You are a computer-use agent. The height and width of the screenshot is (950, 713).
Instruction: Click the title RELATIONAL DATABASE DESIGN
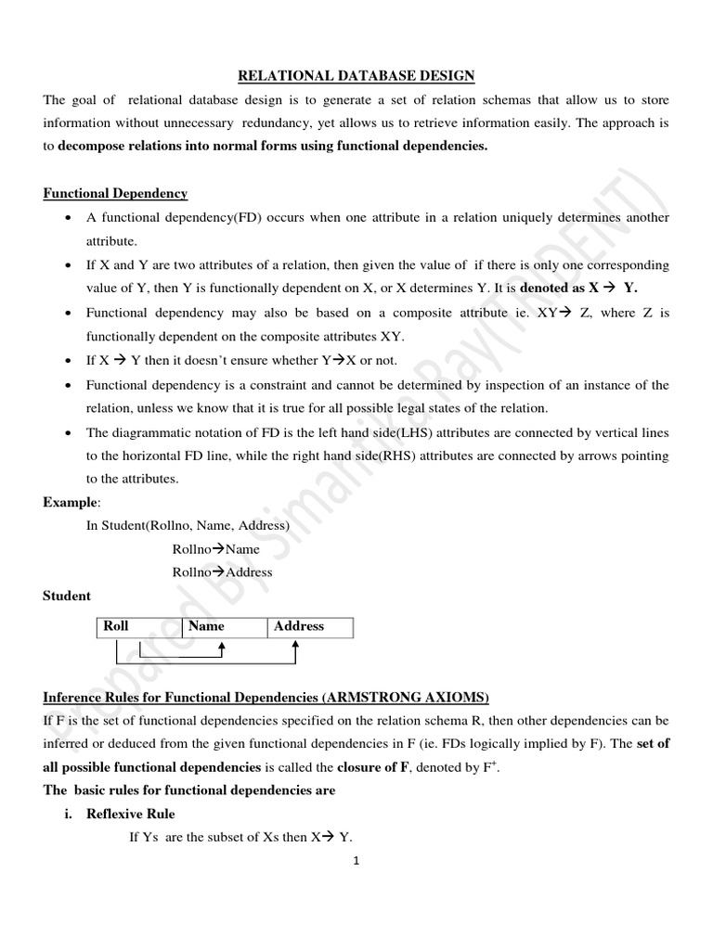pos(357,75)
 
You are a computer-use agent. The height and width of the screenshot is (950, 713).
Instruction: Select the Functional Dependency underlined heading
pos(115,193)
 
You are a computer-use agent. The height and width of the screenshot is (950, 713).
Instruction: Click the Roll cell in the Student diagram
pos(116,626)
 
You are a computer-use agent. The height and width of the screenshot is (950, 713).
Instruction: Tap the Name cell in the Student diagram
pos(206,626)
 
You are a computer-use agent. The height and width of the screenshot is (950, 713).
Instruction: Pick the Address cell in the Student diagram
pos(298,626)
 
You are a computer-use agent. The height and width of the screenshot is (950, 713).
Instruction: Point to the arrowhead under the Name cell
pos(222,648)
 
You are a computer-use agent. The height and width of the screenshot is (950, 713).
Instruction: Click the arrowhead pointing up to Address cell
pos(294,648)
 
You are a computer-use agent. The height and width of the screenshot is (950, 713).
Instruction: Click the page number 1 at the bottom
pos(356,860)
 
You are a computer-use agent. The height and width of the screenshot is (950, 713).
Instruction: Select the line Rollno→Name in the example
pos(215,549)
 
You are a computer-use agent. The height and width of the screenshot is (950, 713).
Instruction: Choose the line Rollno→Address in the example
pos(222,572)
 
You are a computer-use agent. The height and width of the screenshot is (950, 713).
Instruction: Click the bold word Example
pos(70,502)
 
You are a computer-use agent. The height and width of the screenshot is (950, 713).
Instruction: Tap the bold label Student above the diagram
pos(67,596)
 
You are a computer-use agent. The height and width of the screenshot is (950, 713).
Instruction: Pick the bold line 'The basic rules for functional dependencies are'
pos(189,790)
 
